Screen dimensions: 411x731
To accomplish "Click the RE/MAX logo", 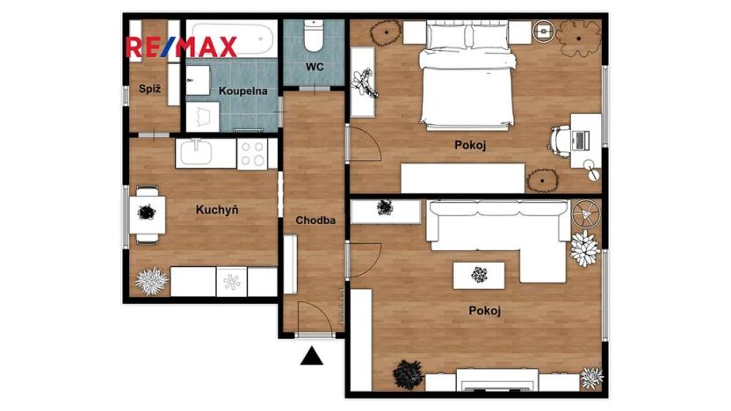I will point(183,47).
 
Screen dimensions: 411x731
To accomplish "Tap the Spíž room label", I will point(148,88).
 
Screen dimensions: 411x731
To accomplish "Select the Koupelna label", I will point(237,90).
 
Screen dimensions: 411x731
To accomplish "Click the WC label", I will point(315,67).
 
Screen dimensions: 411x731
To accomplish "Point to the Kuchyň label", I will point(218,210).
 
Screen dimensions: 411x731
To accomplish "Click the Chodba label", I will point(315,220).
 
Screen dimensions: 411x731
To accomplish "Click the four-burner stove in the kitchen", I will point(254,155).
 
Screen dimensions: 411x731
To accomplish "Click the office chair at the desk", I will point(562,140).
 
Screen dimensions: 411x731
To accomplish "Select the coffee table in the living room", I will point(479,275).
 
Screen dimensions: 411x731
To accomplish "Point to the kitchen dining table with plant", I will point(148,211).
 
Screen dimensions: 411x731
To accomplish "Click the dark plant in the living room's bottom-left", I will point(408,375).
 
